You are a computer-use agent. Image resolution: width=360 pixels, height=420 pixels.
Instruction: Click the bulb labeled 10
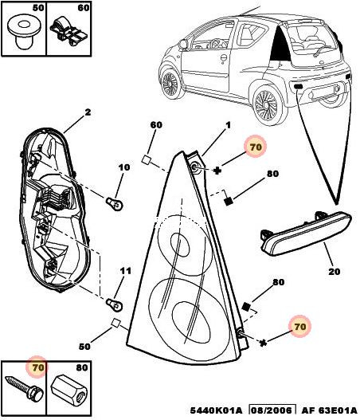click(x=114, y=203)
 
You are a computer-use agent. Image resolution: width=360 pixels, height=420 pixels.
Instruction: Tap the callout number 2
click(x=88, y=112)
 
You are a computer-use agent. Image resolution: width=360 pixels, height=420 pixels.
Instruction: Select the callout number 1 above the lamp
click(x=228, y=125)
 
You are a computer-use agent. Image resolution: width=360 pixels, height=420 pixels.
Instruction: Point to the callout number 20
click(x=334, y=272)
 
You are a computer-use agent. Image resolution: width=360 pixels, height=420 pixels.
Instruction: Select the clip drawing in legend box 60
click(x=68, y=32)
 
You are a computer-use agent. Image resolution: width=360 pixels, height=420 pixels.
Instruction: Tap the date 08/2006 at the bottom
click(x=272, y=410)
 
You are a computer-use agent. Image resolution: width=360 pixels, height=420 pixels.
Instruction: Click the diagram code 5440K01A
click(x=216, y=410)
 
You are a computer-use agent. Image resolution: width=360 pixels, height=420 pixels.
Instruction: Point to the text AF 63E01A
click(x=330, y=410)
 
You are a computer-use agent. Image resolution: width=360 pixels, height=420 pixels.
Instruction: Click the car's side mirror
click(x=183, y=44)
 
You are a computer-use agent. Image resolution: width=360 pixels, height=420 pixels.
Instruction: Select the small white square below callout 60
click(x=146, y=159)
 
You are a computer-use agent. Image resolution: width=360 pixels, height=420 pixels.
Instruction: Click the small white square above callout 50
click(x=115, y=322)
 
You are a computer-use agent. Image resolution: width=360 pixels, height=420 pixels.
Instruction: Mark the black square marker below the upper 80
click(x=228, y=201)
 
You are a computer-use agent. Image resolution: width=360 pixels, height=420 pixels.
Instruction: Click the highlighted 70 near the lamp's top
click(x=256, y=147)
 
